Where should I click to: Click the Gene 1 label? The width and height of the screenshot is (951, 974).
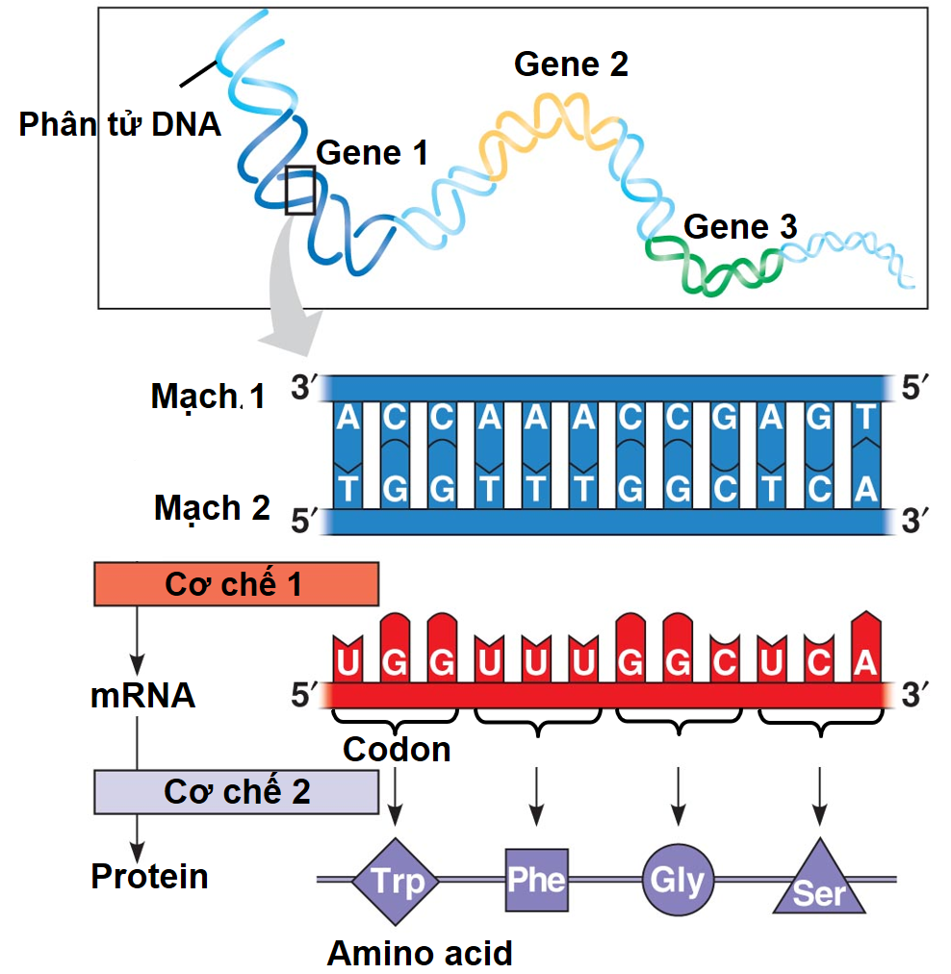pyautogui.click(x=372, y=152)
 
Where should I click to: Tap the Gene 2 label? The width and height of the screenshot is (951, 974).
pyautogui.click(x=571, y=64)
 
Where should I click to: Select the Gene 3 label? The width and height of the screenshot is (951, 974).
pyautogui.click(x=740, y=227)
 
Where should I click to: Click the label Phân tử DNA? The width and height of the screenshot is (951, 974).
pyautogui.click(x=120, y=124)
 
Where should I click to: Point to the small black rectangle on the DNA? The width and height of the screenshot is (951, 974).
pyautogui.click(x=300, y=190)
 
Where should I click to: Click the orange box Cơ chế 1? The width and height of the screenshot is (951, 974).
pyautogui.click(x=236, y=584)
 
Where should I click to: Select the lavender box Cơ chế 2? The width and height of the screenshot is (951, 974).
pyautogui.click(x=236, y=792)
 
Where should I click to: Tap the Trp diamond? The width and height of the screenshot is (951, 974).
pyautogui.click(x=397, y=880)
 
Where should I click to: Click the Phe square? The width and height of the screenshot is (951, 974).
pyautogui.click(x=536, y=879)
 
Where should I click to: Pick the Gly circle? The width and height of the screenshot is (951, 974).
pyautogui.click(x=678, y=879)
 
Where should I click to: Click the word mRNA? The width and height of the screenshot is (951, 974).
pyautogui.click(x=142, y=695)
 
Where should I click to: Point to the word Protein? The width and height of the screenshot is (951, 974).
pyautogui.click(x=149, y=876)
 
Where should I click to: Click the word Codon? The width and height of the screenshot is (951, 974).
pyautogui.click(x=397, y=749)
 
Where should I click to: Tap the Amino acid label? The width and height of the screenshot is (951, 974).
pyautogui.click(x=420, y=953)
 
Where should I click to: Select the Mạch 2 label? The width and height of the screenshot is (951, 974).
pyautogui.click(x=212, y=507)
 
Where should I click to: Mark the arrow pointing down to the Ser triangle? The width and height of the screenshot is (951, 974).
pyautogui.click(x=819, y=795)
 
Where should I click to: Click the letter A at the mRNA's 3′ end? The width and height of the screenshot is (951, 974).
pyautogui.click(x=865, y=663)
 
